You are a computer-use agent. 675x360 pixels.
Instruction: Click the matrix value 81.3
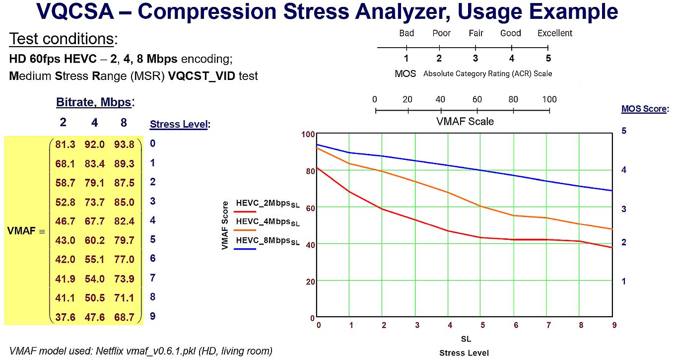66,144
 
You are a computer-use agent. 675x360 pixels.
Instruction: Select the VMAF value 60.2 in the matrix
95,240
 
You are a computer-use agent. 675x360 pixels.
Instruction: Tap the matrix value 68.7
124,317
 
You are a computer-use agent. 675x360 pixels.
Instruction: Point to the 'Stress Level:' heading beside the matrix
179,124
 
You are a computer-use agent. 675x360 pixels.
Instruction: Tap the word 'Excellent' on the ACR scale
555,33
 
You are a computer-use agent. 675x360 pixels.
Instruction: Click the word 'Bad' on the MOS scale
406,33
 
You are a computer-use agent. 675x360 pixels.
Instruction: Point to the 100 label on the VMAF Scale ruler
549,99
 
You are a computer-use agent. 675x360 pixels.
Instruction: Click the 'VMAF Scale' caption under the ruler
465,121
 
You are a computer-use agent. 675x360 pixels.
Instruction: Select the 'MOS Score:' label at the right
645,109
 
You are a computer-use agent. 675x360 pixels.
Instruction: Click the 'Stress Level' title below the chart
464,353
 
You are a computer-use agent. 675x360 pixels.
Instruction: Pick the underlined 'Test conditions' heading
62,39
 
